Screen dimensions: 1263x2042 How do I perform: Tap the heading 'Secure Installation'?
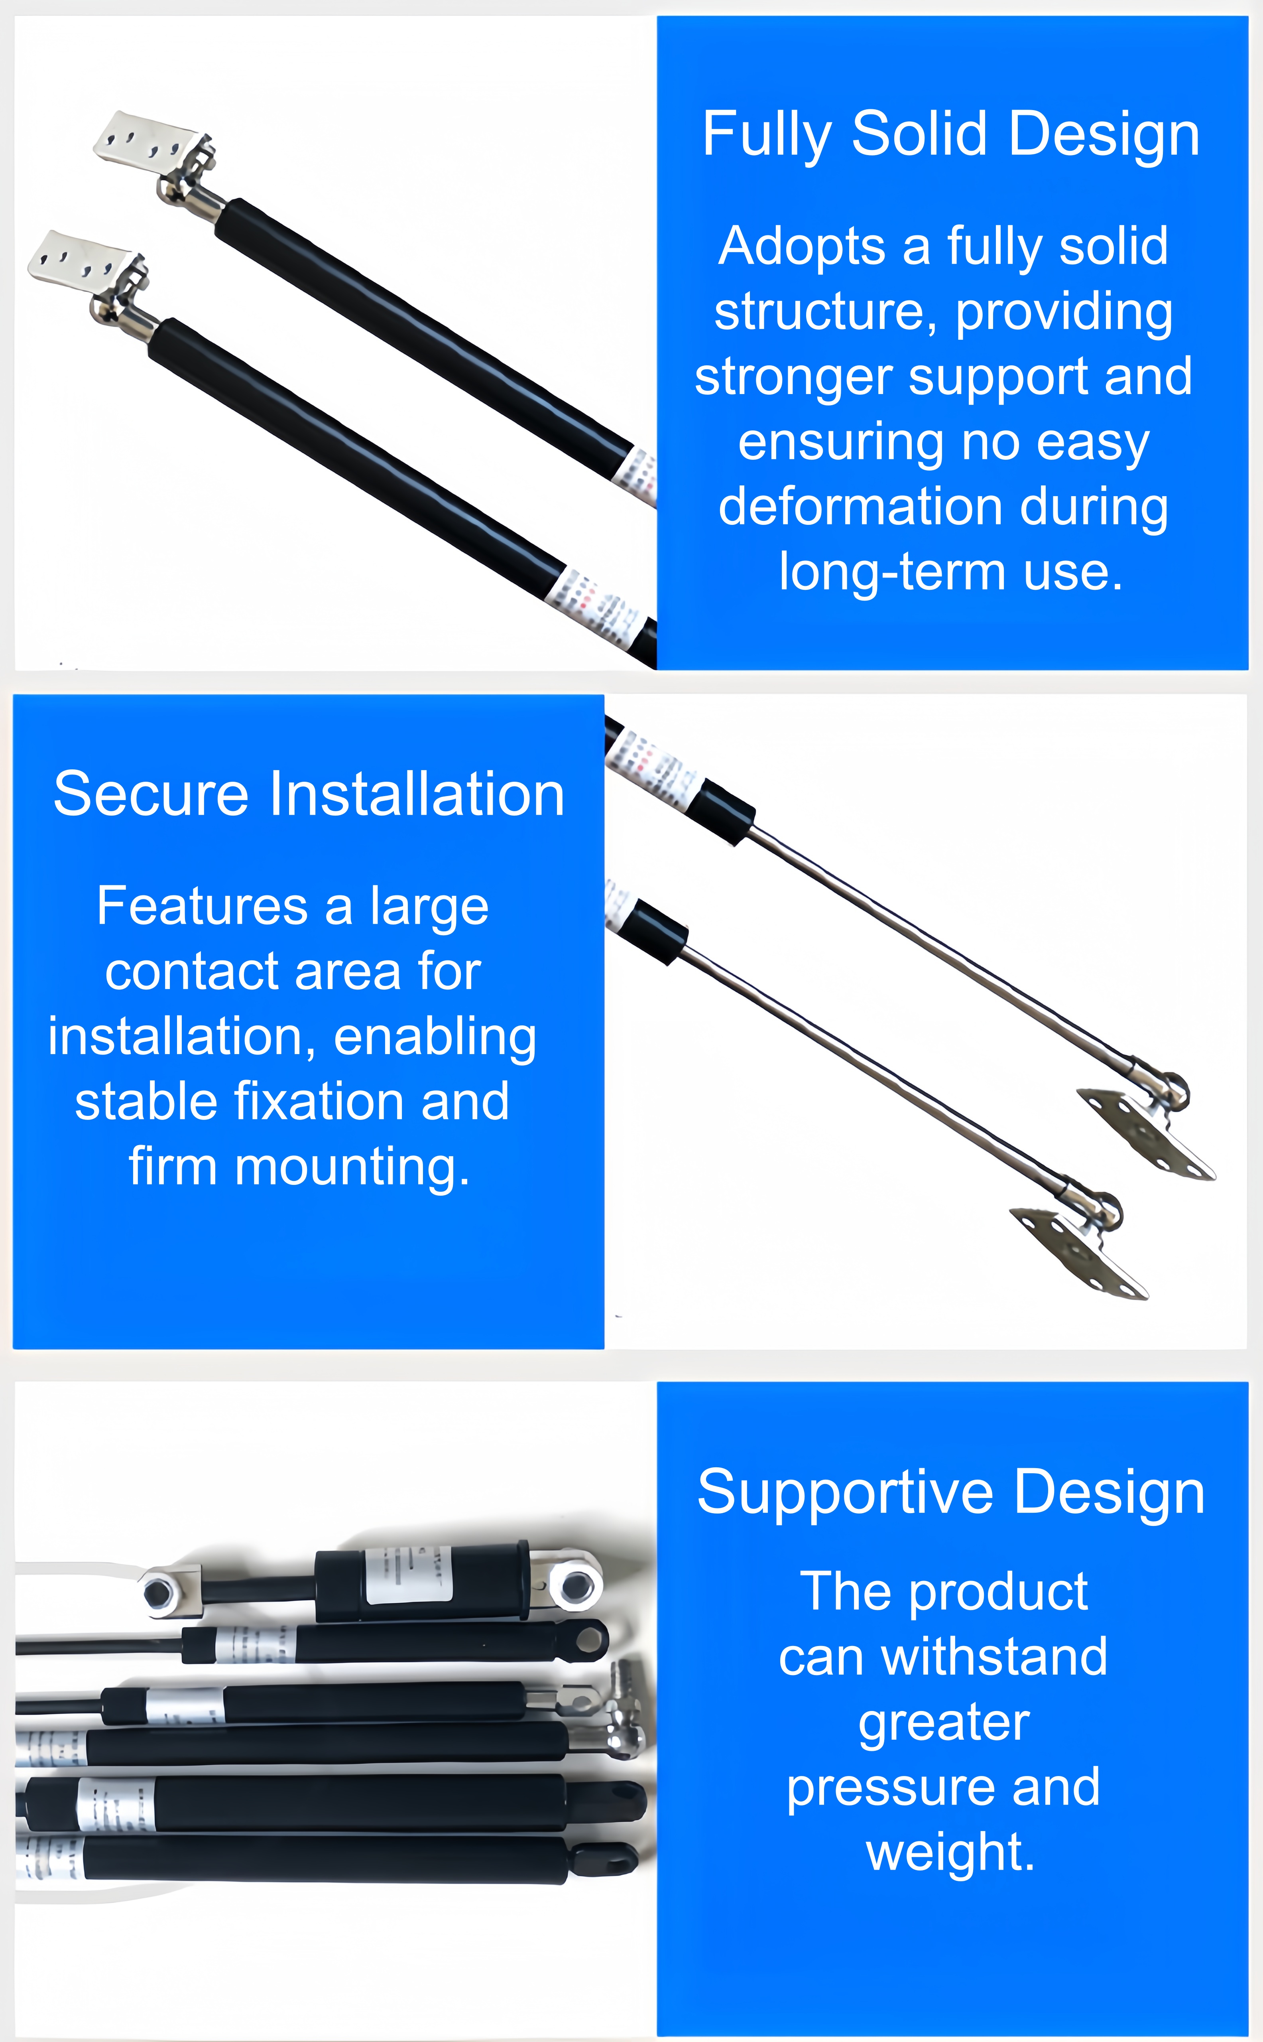point(309,794)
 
